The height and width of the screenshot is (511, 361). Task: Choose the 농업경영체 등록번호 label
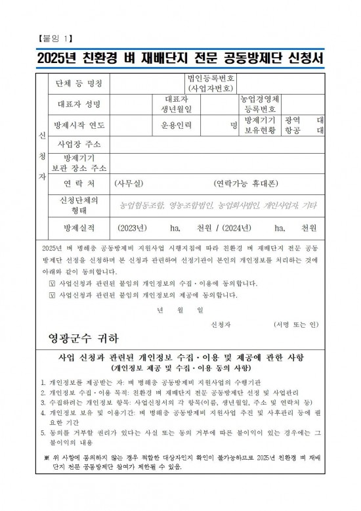[x=261, y=104]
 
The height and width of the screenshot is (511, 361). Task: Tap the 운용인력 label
[x=178, y=125]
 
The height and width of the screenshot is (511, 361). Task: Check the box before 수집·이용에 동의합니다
[x=53, y=283]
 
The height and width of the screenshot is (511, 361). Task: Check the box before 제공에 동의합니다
[x=53, y=295]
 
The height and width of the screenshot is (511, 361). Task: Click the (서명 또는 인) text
[x=295, y=324]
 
